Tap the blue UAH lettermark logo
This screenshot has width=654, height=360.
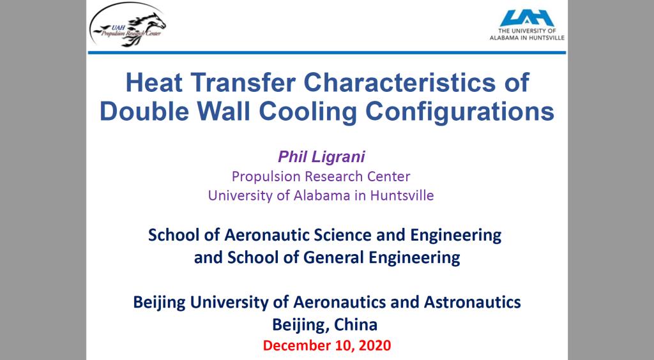527,18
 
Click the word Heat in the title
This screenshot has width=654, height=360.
155,82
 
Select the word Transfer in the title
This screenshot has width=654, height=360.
243,82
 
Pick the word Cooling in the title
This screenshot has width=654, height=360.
308,112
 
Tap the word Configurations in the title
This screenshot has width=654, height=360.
460,112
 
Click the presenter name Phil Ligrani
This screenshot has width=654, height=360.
322,156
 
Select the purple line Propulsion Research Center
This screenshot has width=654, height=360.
321,177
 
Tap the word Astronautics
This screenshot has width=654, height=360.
472,302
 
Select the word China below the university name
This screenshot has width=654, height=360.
356,325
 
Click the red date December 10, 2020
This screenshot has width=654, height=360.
327,345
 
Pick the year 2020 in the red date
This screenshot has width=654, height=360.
375,345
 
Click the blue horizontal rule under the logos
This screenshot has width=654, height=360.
327,53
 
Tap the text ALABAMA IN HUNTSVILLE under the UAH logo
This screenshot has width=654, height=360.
527,38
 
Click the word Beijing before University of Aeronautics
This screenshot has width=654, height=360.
159,303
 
